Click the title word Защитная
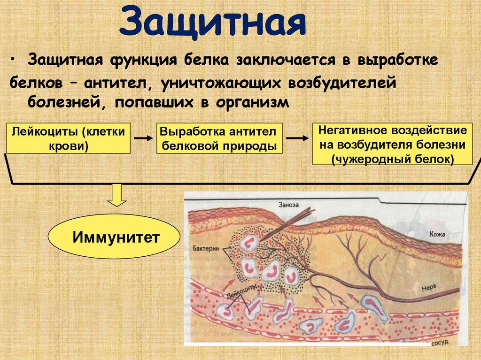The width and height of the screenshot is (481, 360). (x=213, y=23)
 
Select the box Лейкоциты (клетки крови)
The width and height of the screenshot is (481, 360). (x=69, y=138)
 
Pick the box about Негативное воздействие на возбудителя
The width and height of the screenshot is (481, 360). (x=392, y=144)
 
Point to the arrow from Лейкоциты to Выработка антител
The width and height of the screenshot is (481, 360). (x=143, y=138)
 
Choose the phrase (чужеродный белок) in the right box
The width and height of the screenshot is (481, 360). (x=392, y=159)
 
